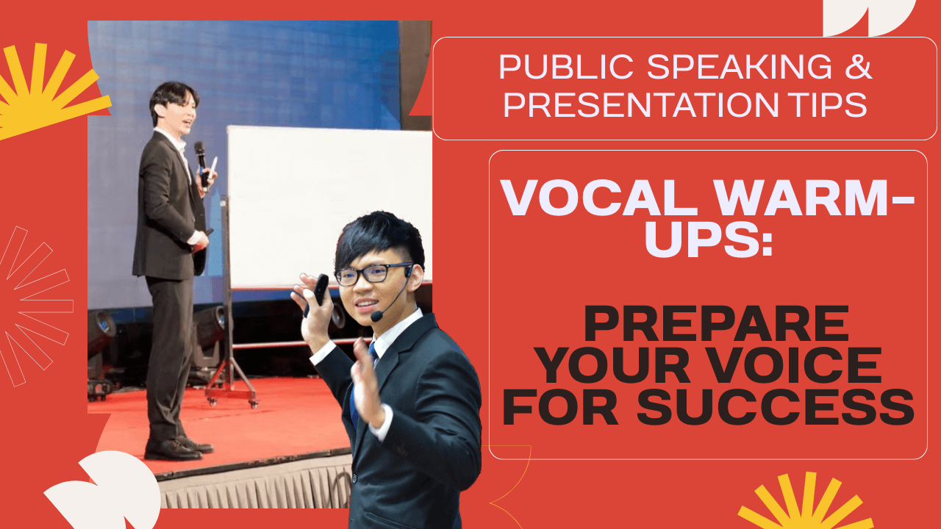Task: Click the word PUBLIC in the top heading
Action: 566,67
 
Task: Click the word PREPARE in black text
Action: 716,324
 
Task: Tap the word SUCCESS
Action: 775,407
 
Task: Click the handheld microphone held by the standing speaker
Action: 201,164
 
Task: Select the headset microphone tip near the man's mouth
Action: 376,315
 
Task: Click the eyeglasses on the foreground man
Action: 372,274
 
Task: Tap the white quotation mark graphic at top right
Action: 869,18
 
